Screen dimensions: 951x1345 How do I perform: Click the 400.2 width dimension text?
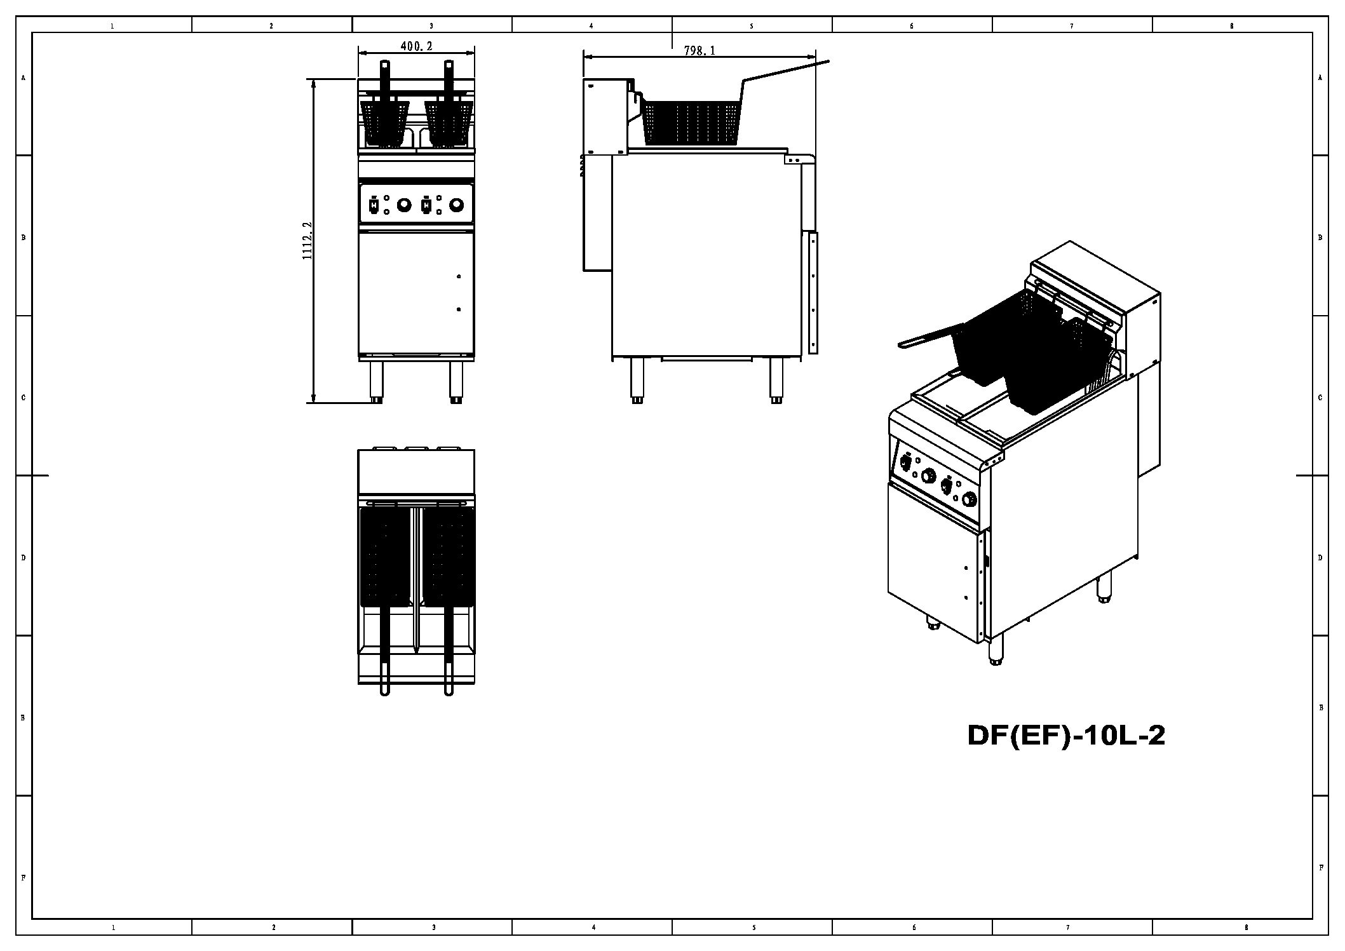point(416,46)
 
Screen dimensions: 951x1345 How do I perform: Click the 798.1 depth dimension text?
point(700,51)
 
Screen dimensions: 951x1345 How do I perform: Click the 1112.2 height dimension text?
point(307,240)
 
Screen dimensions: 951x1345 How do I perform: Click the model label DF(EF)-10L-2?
point(1065,736)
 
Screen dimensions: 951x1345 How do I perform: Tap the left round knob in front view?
point(403,205)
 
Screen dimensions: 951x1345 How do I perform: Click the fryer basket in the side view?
point(691,122)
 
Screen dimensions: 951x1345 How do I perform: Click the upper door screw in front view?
point(459,276)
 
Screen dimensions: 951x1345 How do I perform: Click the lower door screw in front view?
point(459,309)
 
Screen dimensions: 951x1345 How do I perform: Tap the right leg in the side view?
point(776,380)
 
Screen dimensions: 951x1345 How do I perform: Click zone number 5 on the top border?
point(752,26)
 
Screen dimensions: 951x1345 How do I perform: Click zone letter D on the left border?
point(24,557)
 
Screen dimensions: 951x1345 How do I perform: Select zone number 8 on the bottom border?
point(1246,927)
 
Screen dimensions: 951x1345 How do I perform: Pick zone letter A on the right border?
point(1320,78)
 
